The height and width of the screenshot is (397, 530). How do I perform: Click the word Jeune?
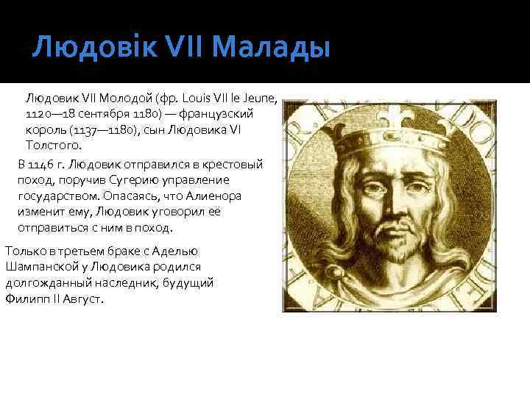(x=255, y=97)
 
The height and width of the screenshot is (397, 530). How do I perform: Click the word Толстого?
(x=54, y=146)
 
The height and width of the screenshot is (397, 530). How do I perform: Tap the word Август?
(x=81, y=299)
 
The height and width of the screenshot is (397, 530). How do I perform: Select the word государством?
(x=54, y=196)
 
